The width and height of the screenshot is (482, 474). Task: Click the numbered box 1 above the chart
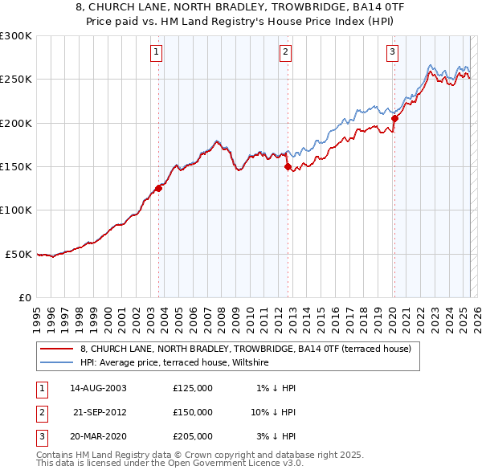[x=156, y=53]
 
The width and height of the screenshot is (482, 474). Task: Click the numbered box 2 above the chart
[x=285, y=53]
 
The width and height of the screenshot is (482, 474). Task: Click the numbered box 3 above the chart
[x=392, y=53]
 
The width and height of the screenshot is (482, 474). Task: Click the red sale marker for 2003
[x=158, y=188]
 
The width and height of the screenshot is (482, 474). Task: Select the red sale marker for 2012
[x=288, y=167]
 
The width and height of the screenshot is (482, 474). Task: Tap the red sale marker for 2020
[x=394, y=119]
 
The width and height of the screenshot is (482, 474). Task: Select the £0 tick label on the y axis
[x=25, y=297]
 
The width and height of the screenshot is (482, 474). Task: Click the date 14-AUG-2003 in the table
[x=98, y=388]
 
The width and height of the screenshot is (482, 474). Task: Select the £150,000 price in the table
[x=193, y=412]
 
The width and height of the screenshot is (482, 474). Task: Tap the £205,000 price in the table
[x=193, y=436]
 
